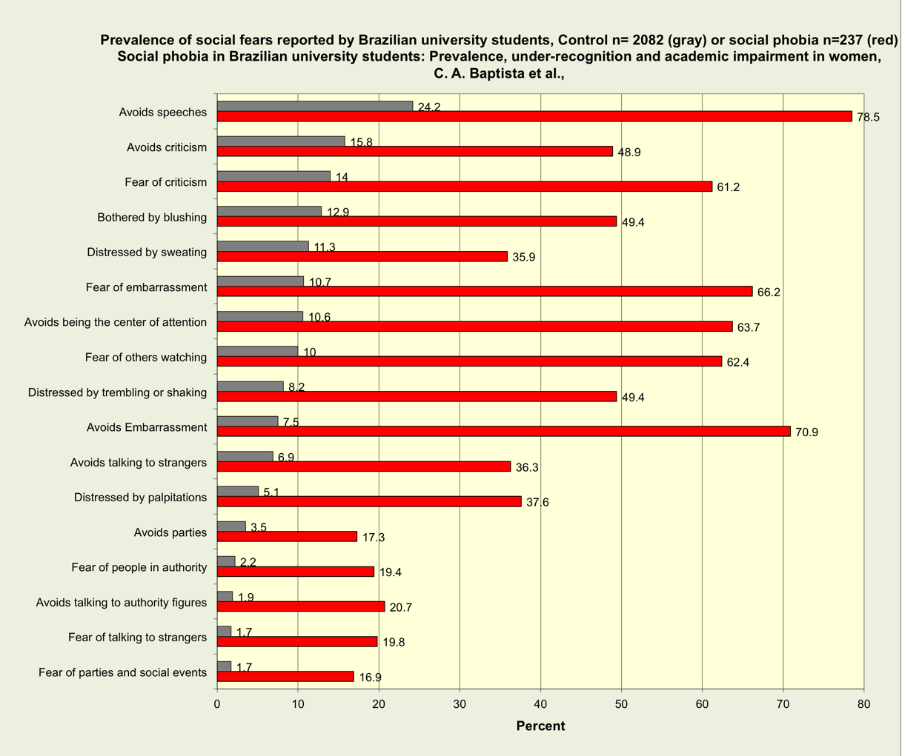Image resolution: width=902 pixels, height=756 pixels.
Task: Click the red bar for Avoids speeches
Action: click(x=534, y=116)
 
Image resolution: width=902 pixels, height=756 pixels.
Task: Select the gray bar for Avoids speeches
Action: click(x=315, y=107)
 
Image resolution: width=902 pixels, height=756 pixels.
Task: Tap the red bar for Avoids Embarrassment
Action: click(x=504, y=432)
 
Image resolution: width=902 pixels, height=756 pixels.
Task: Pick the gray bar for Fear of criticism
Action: click(x=273, y=176)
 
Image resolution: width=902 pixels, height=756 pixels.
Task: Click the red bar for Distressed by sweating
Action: click(x=362, y=256)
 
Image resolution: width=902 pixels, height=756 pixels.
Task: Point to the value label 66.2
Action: click(x=769, y=292)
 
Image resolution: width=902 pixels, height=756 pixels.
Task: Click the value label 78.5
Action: click(x=868, y=117)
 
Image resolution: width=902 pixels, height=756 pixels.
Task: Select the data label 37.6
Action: click(x=537, y=503)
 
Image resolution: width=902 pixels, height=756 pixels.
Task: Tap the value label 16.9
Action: click(x=370, y=678)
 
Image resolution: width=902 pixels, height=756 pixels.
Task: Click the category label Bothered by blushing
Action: click(x=152, y=218)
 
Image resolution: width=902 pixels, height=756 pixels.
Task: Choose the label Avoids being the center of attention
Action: click(x=116, y=322)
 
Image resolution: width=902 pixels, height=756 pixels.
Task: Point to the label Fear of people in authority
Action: click(x=139, y=568)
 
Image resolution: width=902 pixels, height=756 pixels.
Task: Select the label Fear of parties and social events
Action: click(x=122, y=673)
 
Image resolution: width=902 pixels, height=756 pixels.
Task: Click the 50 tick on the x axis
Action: click(x=621, y=704)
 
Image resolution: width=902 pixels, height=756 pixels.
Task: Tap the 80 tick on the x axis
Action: click(x=863, y=704)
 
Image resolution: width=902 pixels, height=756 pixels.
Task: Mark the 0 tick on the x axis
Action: click(x=217, y=704)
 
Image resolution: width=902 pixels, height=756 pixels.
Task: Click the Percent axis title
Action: click(x=540, y=726)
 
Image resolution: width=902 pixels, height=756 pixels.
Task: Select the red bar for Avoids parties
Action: click(x=287, y=537)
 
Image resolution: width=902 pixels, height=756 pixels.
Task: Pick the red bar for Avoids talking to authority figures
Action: click(x=301, y=606)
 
